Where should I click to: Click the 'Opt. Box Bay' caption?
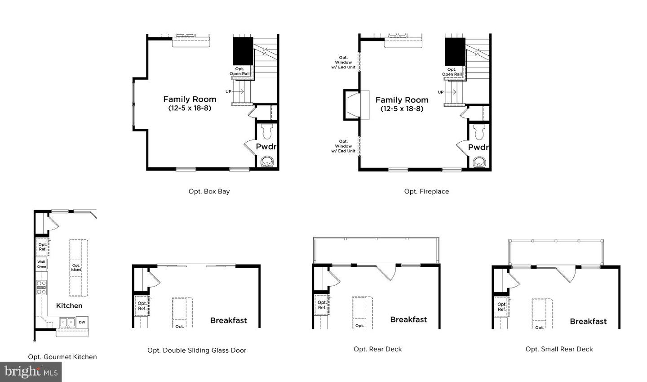[209, 191]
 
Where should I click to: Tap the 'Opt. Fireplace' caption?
[426, 191]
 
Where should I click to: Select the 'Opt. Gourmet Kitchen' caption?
[62, 357]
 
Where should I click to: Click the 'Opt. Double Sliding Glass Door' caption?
[197, 350]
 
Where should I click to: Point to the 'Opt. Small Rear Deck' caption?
[559, 349]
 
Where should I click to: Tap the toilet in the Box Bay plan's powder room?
[267, 131]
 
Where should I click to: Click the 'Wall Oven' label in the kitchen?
[41, 264]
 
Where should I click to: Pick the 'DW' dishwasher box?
[82, 322]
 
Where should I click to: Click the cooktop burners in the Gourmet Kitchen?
[41, 287]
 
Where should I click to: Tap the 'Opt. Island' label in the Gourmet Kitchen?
[76, 267]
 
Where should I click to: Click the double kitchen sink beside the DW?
[68, 322]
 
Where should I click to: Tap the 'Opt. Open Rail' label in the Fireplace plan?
[452, 72]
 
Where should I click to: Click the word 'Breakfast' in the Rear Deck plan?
[408, 319]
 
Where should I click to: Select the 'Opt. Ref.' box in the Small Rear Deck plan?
[501, 307]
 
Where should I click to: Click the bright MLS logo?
[31, 372]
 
